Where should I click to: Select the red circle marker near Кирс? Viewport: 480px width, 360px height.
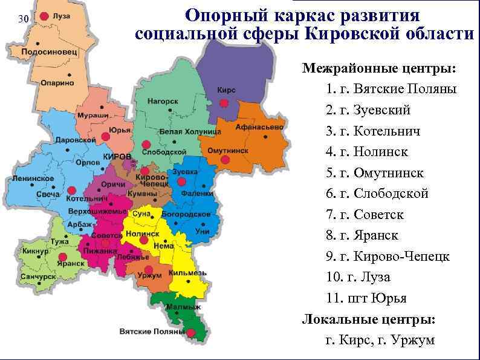224,104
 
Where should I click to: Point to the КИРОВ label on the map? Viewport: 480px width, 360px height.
117,157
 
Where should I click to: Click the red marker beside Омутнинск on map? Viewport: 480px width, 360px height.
225,160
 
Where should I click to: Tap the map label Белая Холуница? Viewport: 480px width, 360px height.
181,131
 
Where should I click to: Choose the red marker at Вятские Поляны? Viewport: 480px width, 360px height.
191,333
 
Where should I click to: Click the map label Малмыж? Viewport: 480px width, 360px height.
183,307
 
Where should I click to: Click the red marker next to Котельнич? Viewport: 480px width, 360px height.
72,190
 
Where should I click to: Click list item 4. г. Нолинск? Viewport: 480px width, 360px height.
366,152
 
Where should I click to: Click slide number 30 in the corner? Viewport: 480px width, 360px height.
23,19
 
